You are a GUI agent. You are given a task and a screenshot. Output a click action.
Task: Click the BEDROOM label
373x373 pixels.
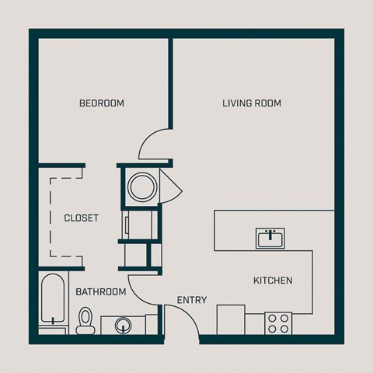pyautogui.click(x=102, y=103)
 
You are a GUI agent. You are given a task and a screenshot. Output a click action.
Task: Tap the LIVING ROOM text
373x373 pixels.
pyautogui.click(x=251, y=103)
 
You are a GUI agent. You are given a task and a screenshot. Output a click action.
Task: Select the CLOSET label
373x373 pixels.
pyautogui.click(x=81, y=218)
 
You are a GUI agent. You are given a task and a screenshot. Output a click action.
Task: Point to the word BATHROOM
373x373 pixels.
pyautogui.click(x=101, y=292)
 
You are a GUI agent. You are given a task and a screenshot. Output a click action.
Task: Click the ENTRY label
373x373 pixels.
pyautogui.click(x=191, y=300)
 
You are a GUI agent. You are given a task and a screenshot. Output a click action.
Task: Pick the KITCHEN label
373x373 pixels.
pyautogui.click(x=273, y=281)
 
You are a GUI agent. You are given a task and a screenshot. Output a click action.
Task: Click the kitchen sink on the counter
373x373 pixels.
pyautogui.click(x=270, y=239)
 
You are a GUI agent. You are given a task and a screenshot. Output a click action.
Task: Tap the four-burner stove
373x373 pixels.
pyautogui.click(x=278, y=322)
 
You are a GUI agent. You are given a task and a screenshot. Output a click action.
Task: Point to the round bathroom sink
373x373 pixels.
pyautogui.click(x=123, y=324)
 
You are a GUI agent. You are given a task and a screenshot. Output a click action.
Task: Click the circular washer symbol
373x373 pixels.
pyautogui.click(x=142, y=186)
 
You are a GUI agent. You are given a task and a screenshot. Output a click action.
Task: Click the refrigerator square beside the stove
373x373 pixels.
pyautogui.click(x=231, y=319)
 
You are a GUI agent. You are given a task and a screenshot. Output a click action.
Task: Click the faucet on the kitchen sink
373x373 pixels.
pyautogui.click(x=270, y=232)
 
